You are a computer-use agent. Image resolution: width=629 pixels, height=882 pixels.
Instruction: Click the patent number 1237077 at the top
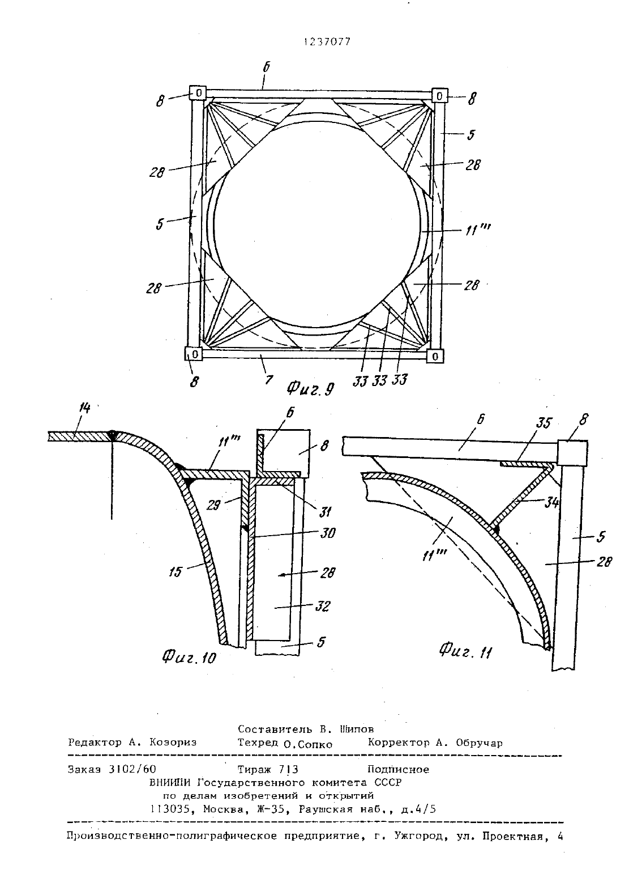click(x=327, y=42)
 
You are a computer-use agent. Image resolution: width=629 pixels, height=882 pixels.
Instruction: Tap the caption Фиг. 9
click(x=310, y=389)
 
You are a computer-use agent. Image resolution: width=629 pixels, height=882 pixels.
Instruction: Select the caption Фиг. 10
click(x=189, y=656)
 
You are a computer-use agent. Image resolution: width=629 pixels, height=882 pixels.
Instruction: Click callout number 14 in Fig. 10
click(x=84, y=408)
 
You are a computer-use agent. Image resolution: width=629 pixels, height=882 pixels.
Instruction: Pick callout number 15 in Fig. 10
click(x=175, y=571)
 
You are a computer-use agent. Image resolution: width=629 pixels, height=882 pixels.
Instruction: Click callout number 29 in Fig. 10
click(x=213, y=505)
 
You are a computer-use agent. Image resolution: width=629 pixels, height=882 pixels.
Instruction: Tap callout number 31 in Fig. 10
click(x=325, y=512)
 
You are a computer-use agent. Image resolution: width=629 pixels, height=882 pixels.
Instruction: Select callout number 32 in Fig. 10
click(x=323, y=606)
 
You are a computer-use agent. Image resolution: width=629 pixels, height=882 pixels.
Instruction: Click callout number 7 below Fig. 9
click(x=269, y=380)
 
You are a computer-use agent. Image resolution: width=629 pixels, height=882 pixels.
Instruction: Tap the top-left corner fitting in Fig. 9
click(x=198, y=93)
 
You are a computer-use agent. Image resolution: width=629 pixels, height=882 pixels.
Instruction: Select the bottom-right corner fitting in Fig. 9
click(x=435, y=356)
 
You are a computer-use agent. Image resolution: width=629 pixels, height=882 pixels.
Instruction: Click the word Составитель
click(x=275, y=729)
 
